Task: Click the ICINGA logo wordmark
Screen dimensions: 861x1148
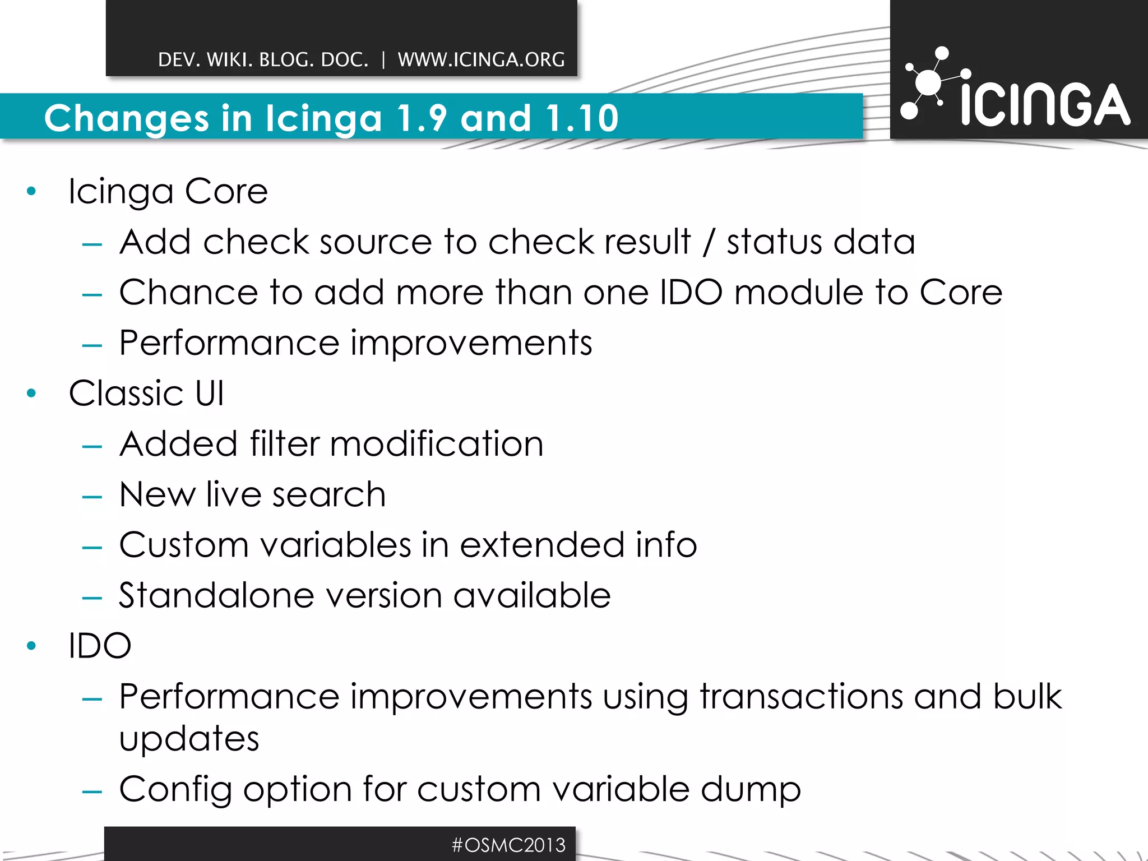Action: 1045,105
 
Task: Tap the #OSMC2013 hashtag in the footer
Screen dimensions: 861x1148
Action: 508,845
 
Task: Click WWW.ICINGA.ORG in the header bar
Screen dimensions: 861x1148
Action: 481,59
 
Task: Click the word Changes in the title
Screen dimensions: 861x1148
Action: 127,118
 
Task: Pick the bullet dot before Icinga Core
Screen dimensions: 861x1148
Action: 31,192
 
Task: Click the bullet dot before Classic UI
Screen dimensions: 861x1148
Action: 31,394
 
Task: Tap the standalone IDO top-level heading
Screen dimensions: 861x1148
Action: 100,646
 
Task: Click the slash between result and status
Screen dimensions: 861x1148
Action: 709,242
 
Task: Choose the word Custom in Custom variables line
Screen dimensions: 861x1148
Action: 184,545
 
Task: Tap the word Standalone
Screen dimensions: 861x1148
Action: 216,595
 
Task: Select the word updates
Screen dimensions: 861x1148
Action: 189,739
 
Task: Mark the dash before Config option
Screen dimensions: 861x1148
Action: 92,791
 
